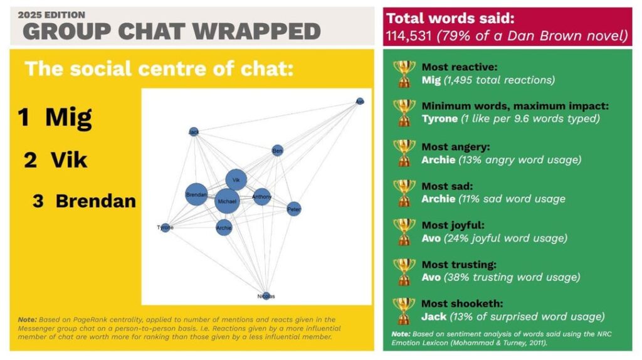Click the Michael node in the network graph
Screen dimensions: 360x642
coord(227,201)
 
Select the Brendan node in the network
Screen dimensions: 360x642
coord(196,195)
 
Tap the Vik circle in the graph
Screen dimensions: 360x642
coord(236,180)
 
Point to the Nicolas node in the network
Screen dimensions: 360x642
coord(266,295)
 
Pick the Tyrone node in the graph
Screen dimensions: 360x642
coord(166,228)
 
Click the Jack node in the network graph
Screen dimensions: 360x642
coord(194,132)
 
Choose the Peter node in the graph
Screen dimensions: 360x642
coord(294,209)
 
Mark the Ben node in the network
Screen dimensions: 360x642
coord(278,151)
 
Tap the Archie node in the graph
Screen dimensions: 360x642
coord(224,228)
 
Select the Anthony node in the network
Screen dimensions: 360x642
coord(261,197)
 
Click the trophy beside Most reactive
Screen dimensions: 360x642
coord(404,73)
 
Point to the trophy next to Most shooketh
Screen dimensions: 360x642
coord(404,310)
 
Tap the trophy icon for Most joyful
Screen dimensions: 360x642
coord(404,231)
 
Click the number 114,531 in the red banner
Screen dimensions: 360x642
coord(409,36)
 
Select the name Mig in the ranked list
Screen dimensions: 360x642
coord(68,117)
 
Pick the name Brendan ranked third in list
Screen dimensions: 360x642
coord(95,201)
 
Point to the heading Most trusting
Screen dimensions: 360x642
coord(458,265)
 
